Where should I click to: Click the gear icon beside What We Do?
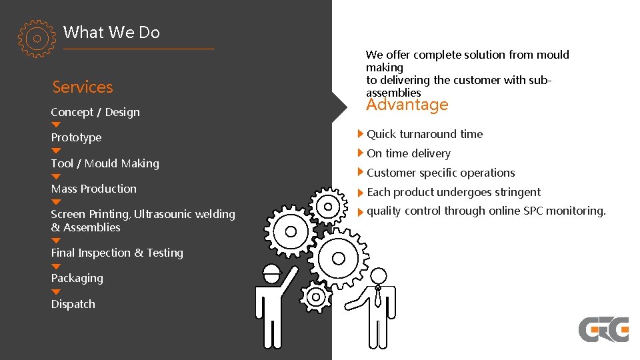37,39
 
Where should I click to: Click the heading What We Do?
111,32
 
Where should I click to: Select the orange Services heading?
83,87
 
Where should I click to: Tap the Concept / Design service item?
95,112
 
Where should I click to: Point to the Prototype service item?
76,137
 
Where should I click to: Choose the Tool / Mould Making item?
105,163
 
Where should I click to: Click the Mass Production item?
93,189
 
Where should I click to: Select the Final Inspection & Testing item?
117,253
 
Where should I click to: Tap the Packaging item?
77,278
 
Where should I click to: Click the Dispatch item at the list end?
73,304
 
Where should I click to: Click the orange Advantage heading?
407,105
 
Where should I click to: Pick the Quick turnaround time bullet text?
425,134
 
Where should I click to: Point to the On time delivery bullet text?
409,153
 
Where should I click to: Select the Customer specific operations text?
441,173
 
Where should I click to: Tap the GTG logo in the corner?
603,329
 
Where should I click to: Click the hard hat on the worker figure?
271,271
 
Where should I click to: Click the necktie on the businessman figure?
378,296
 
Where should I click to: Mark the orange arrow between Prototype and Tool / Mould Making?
56,151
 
